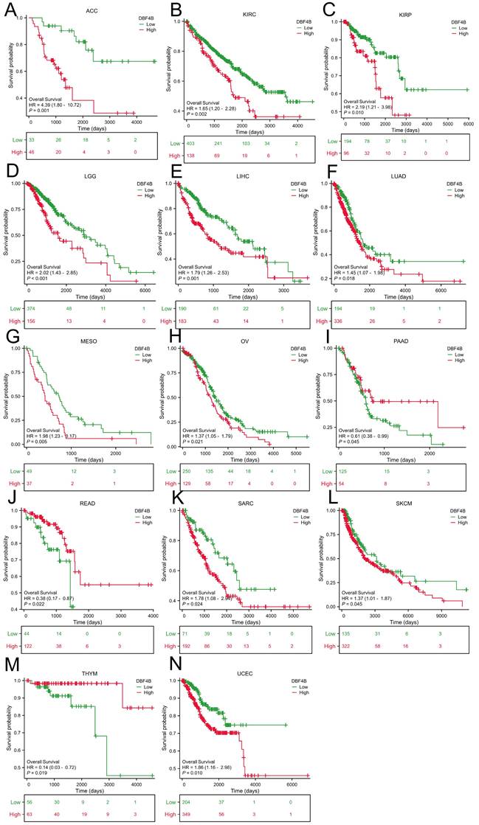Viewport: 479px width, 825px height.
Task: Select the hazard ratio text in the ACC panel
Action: tap(55, 104)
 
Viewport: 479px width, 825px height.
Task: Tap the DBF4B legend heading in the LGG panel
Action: tap(140, 182)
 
